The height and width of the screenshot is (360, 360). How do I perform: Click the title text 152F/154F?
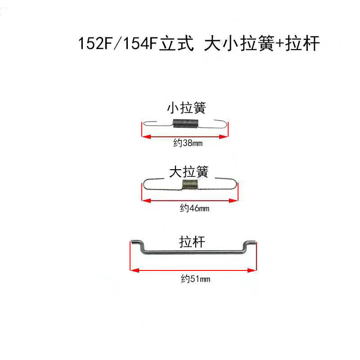pos(118,45)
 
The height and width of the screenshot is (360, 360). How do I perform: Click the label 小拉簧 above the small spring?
pos(186,108)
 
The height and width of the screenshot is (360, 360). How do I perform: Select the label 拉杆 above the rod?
pos(192,242)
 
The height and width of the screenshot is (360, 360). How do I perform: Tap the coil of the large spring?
pos(190,184)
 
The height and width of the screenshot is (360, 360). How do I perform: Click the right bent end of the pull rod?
pos(250,245)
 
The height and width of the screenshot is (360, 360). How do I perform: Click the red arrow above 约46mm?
pos(189,200)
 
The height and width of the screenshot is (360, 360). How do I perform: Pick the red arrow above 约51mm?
pos(193,270)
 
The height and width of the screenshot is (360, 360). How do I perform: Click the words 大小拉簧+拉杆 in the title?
pos(261,45)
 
